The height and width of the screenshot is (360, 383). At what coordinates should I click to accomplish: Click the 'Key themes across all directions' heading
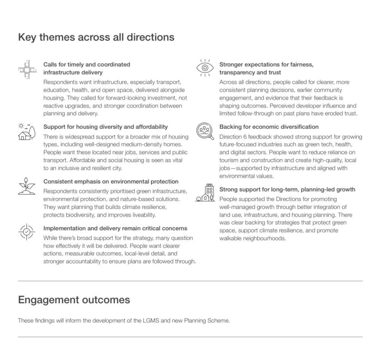click(96, 37)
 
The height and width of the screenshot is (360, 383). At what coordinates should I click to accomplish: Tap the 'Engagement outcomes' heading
click(74, 300)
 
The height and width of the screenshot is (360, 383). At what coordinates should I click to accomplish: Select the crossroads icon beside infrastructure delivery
click(27, 69)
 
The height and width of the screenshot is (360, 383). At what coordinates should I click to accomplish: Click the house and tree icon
click(27, 131)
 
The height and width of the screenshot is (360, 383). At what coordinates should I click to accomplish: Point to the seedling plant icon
click(27, 186)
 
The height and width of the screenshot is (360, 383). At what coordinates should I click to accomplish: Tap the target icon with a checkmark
click(27, 232)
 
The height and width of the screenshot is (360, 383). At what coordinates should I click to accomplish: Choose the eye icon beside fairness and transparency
click(205, 68)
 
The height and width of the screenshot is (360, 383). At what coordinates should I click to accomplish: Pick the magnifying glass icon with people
click(205, 131)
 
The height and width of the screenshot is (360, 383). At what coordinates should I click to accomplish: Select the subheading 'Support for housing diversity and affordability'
click(105, 127)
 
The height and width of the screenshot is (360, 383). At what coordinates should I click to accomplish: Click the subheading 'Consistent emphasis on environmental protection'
click(111, 181)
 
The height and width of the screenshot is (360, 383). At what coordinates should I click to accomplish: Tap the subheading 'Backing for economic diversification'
click(269, 127)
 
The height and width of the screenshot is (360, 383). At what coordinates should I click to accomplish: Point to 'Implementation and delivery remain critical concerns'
click(115, 228)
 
